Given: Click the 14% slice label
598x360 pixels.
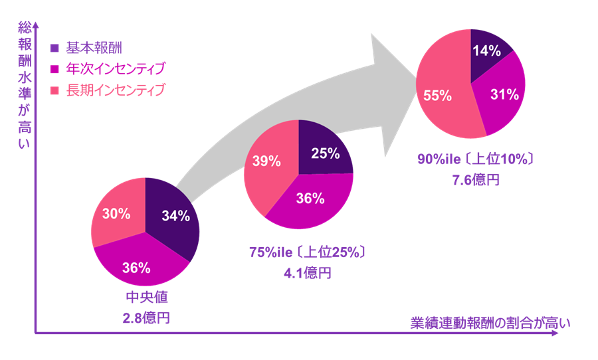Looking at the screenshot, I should tap(486, 51).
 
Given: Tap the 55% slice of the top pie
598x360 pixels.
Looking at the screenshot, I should tap(439, 95).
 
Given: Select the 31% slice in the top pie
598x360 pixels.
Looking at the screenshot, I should tap(503, 94).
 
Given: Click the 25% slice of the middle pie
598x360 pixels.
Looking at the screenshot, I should tap(325, 153).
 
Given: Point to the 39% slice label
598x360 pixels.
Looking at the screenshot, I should tap(266, 161).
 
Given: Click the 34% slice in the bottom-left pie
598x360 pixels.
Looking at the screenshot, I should tap(176, 216).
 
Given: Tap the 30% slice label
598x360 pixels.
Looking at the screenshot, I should tap(116, 213).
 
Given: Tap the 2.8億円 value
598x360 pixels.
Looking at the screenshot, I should tap(146, 317).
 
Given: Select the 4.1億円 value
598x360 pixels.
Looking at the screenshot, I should tap(306, 272).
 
